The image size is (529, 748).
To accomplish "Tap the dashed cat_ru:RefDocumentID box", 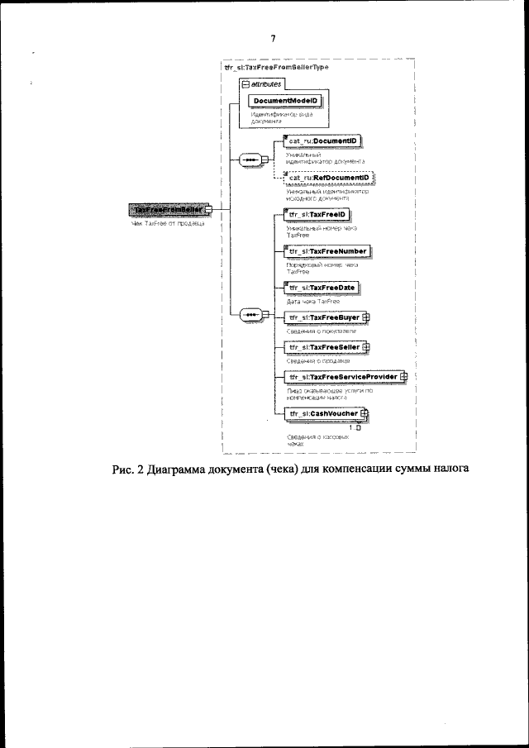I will pos(328,178).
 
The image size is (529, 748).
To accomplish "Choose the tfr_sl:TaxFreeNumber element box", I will pos(327,251).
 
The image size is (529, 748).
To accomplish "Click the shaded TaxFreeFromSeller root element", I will pos(169,210).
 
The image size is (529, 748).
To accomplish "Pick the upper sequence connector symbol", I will pos(248,160).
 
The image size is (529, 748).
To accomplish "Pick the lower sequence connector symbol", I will pos(248,315).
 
